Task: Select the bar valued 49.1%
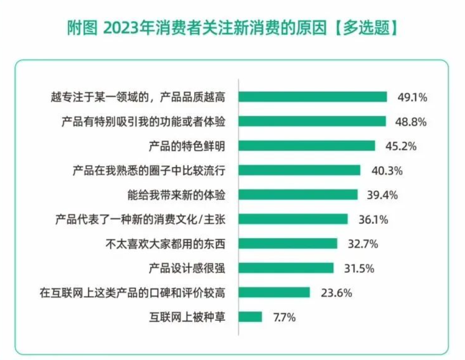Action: click(x=313, y=97)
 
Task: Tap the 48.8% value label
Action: click(x=412, y=121)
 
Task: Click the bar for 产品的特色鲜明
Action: click(x=306, y=146)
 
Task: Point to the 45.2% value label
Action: click(x=402, y=146)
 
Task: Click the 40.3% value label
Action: click(x=387, y=171)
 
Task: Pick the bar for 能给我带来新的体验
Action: click(x=298, y=194)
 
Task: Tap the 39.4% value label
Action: click(x=383, y=195)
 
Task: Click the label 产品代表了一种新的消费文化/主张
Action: click(x=139, y=219)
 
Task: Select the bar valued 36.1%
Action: click(x=293, y=219)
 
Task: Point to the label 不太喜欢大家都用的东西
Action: click(x=161, y=244)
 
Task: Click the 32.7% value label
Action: click(x=363, y=244)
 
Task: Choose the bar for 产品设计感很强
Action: click(x=286, y=268)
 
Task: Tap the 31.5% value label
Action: click(x=359, y=268)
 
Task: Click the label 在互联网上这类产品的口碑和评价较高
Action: click(x=132, y=293)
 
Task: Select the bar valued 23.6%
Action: click(x=274, y=293)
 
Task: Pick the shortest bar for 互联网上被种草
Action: click(x=250, y=317)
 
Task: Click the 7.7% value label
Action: click(x=284, y=317)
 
